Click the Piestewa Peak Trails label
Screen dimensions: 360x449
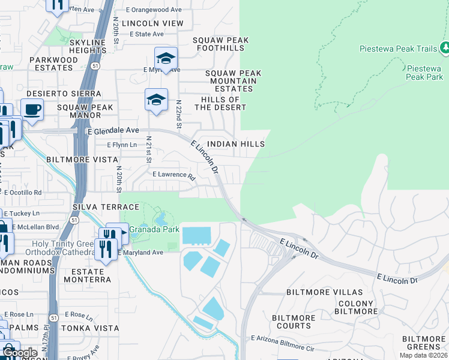point(398,49)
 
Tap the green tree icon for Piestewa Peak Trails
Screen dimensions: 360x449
point(445,47)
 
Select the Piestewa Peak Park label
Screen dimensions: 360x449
point(424,73)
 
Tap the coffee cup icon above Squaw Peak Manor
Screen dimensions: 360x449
point(32,110)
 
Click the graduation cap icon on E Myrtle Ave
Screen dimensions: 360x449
point(166,58)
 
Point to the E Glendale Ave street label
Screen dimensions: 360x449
point(113,130)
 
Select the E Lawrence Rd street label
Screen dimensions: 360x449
point(174,176)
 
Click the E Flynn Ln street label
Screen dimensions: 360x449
point(122,145)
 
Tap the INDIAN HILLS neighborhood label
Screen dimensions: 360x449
point(235,145)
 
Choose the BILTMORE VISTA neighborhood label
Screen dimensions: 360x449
point(76,160)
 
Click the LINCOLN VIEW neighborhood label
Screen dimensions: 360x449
point(152,23)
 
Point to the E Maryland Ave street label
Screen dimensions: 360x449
point(140,253)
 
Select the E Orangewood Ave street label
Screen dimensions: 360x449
point(154,10)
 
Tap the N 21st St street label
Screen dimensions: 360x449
point(148,151)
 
